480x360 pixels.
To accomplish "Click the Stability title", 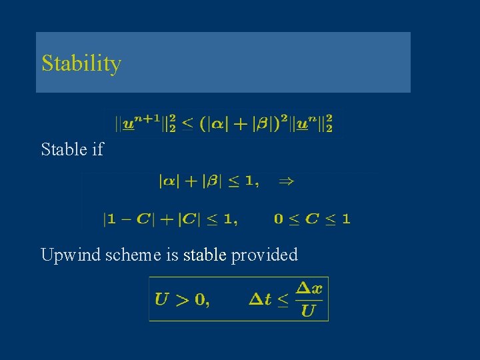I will coord(81,64).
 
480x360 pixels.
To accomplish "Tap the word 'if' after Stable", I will coord(97,149).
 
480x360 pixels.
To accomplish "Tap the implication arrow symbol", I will coord(287,181).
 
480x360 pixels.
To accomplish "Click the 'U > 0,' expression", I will coord(182,299).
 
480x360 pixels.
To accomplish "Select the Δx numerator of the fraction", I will coord(309,289).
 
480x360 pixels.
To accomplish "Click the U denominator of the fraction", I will coord(308,311).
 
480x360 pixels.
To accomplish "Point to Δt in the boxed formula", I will coord(260,299).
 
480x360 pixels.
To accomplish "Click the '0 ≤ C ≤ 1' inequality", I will coord(312,218).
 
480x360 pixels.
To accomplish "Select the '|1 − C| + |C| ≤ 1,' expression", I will coord(171,218).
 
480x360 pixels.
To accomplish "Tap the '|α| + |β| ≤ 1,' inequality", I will coord(209,181).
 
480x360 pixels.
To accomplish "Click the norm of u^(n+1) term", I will coord(146,123).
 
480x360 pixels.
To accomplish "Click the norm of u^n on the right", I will coord(311,123).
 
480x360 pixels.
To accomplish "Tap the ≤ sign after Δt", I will coord(283,301).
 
